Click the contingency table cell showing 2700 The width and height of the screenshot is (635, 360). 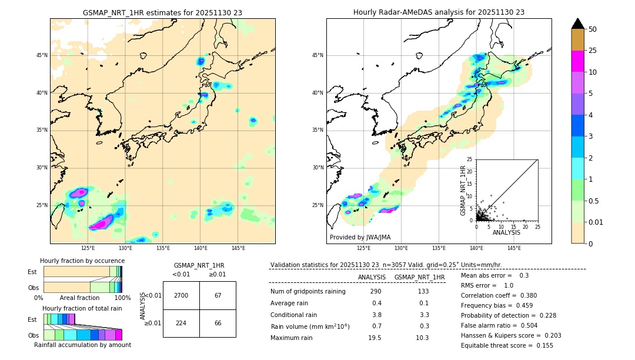coord(181,295)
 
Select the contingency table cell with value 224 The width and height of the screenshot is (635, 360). coord(181,323)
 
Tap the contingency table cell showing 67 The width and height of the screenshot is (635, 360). coord(218,295)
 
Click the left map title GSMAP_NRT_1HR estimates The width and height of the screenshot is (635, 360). coord(162,12)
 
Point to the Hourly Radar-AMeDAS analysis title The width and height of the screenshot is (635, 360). coord(439,12)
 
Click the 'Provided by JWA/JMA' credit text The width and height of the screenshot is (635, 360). coord(360,237)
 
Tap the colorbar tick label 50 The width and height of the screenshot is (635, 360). coord(593,29)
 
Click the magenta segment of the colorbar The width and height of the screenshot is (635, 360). coord(577,61)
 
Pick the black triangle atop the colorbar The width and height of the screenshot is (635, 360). coord(577,24)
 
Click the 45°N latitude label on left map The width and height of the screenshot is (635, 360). coord(42,55)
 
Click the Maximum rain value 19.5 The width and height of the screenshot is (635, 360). coord(375,338)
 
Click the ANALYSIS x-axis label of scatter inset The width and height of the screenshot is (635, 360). coord(506,233)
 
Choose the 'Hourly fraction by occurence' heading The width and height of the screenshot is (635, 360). coord(82,261)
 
